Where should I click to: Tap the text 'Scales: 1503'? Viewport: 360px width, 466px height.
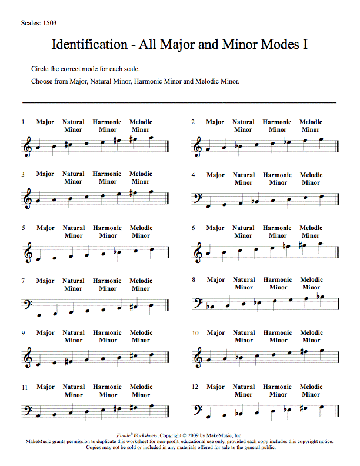coord(38,24)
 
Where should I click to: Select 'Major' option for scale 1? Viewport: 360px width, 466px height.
coord(45,122)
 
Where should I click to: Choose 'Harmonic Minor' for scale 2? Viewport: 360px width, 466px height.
coord(277,126)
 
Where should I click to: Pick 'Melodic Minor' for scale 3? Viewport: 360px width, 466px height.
coord(141,178)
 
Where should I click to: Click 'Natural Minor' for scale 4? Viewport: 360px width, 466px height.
coord(244,179)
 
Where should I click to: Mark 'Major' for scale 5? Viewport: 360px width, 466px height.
coord(45,228)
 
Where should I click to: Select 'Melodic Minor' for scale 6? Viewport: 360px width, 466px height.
coord(311,232)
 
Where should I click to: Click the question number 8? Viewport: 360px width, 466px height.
coord(194,281)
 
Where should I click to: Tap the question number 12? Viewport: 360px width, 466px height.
coord(195,387)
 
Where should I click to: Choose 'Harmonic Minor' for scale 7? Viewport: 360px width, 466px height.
coord(107,285)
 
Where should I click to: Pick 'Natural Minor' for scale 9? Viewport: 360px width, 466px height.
coord(74,337)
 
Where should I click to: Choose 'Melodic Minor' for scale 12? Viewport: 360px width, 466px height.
coord(311,391)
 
